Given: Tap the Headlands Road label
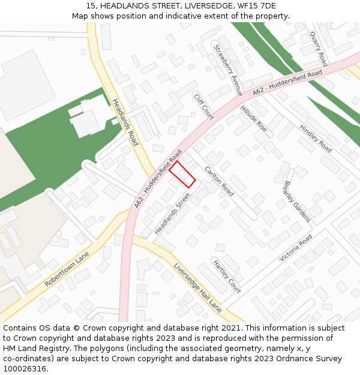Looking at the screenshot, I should pos(125,122).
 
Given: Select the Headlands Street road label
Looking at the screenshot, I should pos(172,214).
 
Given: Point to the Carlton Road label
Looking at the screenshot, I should pos(219,181).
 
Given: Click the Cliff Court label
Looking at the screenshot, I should pos(203,106).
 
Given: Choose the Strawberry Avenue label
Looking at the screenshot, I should pos(228,70).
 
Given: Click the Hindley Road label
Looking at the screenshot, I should pos(316,138).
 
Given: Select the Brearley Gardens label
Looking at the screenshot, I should pos(297,201).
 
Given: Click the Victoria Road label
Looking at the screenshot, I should pos(296,248).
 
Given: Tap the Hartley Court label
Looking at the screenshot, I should pos(227,276).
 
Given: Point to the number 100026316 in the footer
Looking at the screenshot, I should pos(25,369).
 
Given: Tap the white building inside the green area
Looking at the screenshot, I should pos(86,122).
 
